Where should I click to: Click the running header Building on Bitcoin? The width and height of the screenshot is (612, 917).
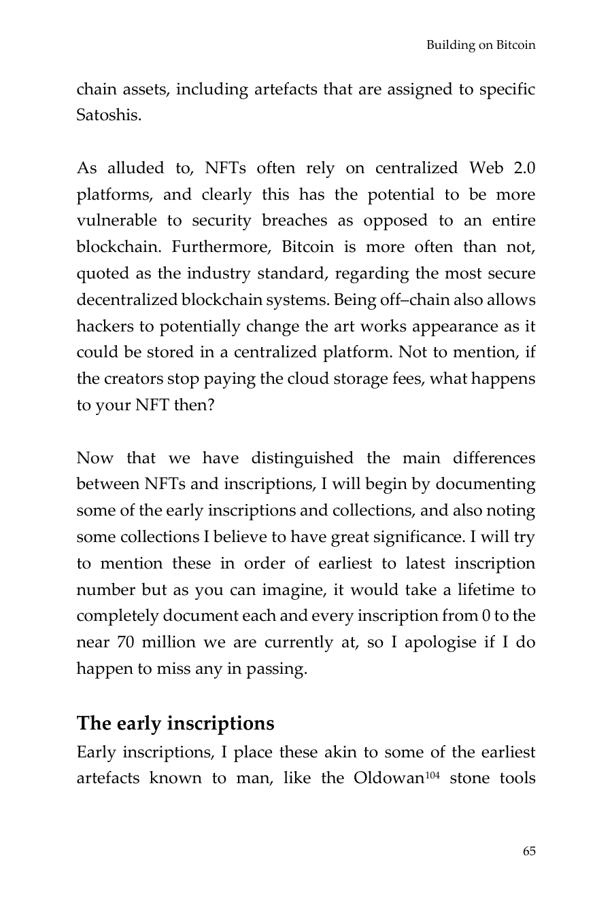click(481, 46)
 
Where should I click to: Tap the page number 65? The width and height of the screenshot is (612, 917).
click(529, 851)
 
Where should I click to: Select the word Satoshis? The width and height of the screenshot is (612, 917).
click(109, 115)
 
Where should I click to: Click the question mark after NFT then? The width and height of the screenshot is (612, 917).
click(210, 406)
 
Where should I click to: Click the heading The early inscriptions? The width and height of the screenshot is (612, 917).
click(175, 723)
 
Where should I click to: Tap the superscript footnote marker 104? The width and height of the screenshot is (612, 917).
click(432, 774)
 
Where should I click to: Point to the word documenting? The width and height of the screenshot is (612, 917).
click(485, 485)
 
